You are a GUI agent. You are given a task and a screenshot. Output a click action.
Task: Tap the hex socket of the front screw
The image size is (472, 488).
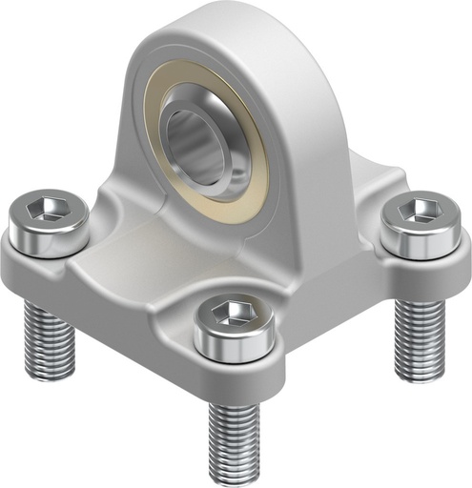coord(227,314)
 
